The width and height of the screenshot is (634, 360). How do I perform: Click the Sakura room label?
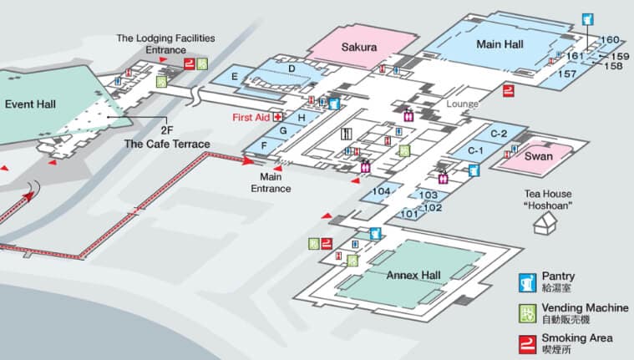pyautogui.click(x=359, y=47)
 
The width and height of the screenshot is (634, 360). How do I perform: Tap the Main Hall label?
pyautogui.click(x=500, y=44)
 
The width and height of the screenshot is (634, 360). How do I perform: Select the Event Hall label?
pyautogui.click(x=30, y=104)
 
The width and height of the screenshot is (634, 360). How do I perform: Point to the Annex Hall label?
pyautogui.click(x=413, y=276)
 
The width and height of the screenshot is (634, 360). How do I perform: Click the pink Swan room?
pyautogui.click(x=538, y=156)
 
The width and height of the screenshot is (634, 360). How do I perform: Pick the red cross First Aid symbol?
pyautogui.click(x=278, y=117)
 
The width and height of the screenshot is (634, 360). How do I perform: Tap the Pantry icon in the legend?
pyautogui.click(x=528, y=283)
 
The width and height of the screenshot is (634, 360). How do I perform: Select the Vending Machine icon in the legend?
pyautogui.click(x=528, y=314)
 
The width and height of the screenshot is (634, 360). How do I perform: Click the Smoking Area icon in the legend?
pyautogui.click(x=528, y=344)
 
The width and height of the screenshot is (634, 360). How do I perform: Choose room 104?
pyautogui.click(x=381, y=192)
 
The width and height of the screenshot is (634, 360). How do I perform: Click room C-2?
pyautogui.click(x=499, y=134)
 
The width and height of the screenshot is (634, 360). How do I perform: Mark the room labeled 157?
pyautogui.click(x=567, y=74)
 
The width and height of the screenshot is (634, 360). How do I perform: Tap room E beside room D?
pyautogui.click(x=235, y=77)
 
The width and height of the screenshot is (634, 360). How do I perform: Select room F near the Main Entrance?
pyautogui.click(x=264, y=145)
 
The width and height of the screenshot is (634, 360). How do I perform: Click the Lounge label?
pyautogui.click(x=462, y=104)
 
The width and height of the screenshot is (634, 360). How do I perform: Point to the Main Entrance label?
pyautogui.click(x=271, y=183)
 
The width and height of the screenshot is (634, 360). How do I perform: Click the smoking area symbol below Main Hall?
pyautogui.click(x=509, y=90)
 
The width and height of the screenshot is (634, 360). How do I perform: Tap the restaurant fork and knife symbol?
pyautogui.click(x=346, y=134)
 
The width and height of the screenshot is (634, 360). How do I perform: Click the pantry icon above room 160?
pyautogui.click(x=588, y=19)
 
